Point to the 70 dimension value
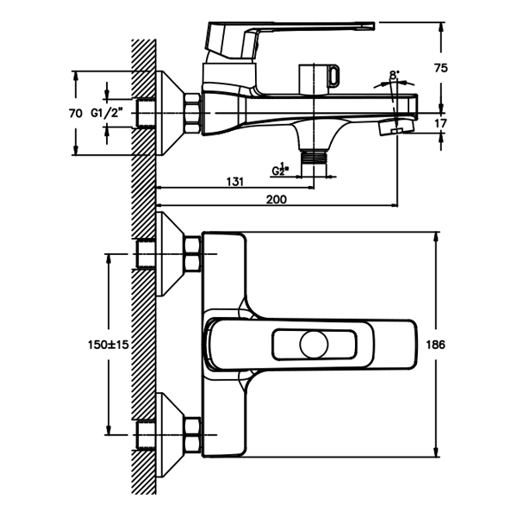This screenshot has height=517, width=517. point(75,113)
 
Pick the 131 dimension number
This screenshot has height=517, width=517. point(234,182)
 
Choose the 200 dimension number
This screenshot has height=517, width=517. point(276,199)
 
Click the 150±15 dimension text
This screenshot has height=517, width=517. point(109,345)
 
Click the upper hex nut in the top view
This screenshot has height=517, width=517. point(192,255)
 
